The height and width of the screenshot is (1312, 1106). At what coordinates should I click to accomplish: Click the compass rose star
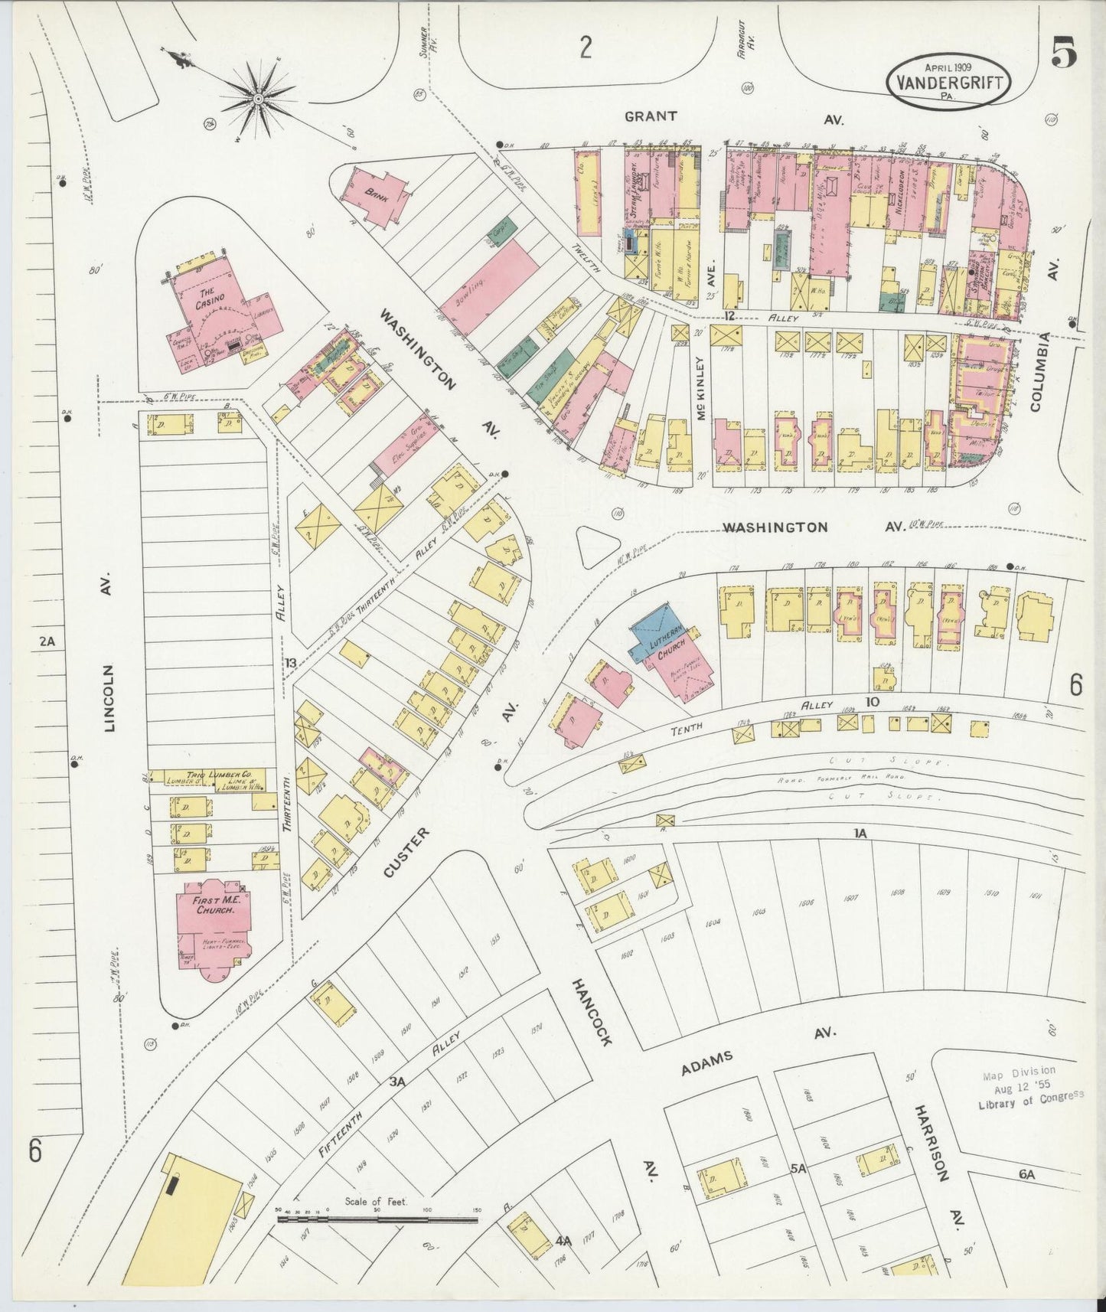coord(259,98)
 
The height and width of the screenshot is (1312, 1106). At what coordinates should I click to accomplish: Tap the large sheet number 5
coord(1064,54)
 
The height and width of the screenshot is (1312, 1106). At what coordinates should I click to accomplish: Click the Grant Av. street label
coord(651,117)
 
